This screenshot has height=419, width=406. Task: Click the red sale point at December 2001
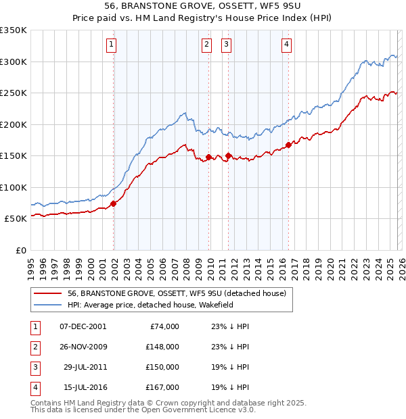[x=114, y=203]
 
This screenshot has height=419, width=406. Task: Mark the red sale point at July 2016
[x=288, y=145]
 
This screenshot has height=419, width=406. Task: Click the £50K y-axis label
[x=15, y=219]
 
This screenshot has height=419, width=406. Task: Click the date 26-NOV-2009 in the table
[x=83, y=347]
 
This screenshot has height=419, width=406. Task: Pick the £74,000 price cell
[x=164, y=326]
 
